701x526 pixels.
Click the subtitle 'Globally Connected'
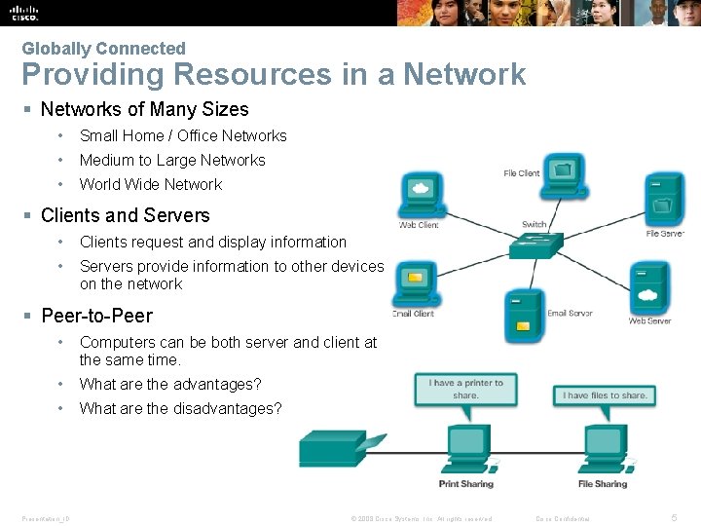tap(103, 48)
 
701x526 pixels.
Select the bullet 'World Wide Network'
tap(150, 184)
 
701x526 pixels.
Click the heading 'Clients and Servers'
tap(125, 215)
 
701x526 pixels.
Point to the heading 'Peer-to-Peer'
tap(96, 316)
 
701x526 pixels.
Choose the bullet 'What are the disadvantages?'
tap(180, 408)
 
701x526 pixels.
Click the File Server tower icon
tap(666, 199)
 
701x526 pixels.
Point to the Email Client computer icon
tap(415, 283)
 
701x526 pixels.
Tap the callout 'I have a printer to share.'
tap(465, 390)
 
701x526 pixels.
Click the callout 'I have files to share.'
tap(605, 395)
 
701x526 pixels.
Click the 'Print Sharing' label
tap(465, 484)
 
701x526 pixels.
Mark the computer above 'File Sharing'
tap(603, 448)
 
